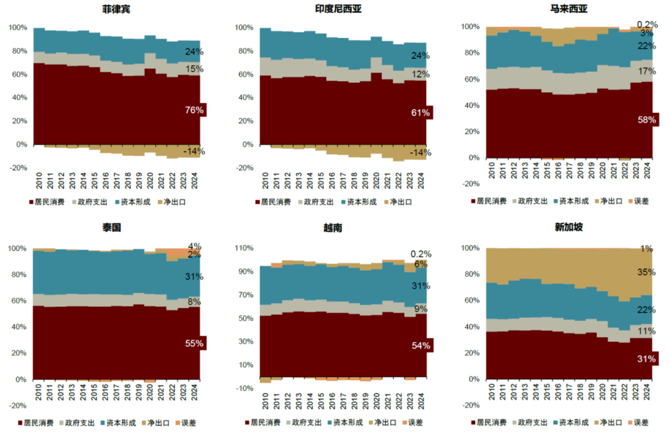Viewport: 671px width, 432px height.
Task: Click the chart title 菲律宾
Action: coord(117,9)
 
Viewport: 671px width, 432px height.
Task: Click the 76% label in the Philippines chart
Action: coord(194,110)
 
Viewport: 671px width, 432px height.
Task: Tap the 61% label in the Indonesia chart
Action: coord(420,113)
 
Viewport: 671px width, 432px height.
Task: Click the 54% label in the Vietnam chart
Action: coord(420,346)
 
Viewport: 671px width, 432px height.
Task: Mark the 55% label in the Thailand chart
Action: coord(194,343)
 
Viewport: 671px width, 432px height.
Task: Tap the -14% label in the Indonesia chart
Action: coord(420,152)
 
